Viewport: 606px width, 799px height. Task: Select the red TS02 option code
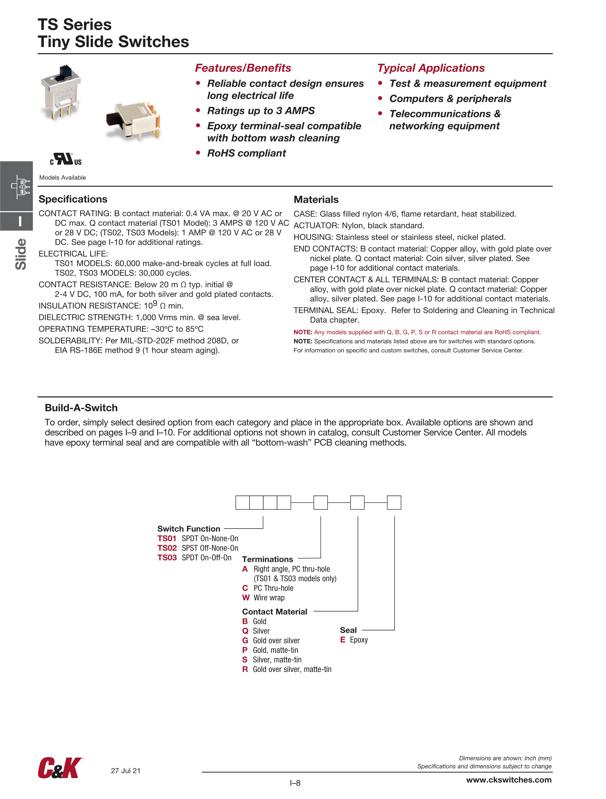[167, 548]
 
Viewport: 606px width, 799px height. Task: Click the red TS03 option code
[167, 558]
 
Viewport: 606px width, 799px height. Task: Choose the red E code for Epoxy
[342, 640]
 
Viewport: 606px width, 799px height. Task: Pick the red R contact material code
[245, 669]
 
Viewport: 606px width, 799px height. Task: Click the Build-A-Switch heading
[81, 408]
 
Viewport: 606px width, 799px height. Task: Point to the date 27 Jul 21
[125, 771]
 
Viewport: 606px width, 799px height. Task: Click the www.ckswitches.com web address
[509, 780]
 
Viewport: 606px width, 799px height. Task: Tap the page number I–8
[295, 783]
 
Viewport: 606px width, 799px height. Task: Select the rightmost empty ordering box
[394, 502]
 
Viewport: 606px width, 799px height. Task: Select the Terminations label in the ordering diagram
[267, 559]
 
